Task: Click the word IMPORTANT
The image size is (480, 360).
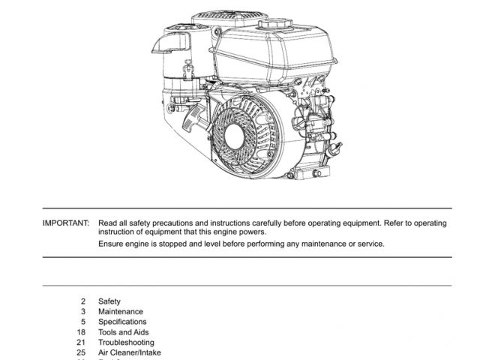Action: coord(66,223)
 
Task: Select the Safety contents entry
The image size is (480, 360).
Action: coord(109,301)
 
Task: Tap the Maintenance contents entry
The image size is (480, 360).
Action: coord(121,312)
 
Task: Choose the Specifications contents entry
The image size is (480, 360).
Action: coord(122,322)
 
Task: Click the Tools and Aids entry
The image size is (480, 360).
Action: coord(124,332)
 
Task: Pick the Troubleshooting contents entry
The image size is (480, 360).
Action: coord(126,343)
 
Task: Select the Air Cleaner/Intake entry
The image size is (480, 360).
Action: coord(130,352)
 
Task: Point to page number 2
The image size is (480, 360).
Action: coord(83,301)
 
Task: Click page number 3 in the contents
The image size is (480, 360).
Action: coord(83,312)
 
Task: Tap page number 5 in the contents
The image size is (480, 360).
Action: coord(83,322)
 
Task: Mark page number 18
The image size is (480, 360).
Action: coord(81,332)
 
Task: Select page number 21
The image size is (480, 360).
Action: coord(81,343)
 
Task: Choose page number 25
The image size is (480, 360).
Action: coord(81,352)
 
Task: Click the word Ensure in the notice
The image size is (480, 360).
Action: coord(111,244)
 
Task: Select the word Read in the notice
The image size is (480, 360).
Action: coord(107,223)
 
